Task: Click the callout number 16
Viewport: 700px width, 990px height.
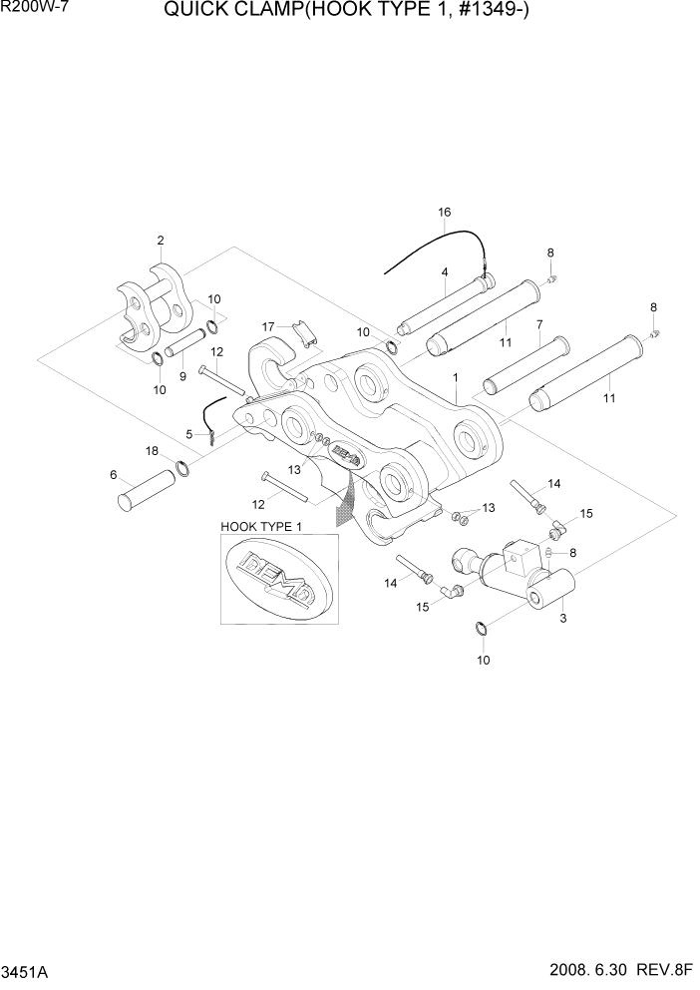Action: click(445, 213)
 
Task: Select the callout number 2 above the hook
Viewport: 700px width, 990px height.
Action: click(160, 241)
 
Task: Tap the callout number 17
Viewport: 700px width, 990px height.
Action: click(268, 326)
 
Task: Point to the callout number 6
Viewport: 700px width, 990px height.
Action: click(113, 474)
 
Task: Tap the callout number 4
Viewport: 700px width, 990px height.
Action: click(445, 271)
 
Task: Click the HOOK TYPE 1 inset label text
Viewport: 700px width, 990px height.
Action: click(260, 525)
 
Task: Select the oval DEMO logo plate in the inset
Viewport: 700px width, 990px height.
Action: click(278, 579)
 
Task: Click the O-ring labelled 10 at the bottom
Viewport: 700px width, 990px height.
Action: click(482, 628)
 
